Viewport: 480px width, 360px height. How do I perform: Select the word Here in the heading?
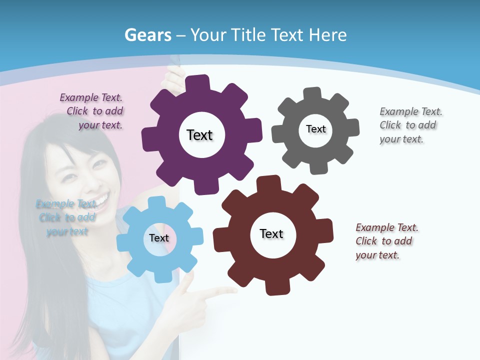[327, 35]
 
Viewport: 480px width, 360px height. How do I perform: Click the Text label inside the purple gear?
[199, 135]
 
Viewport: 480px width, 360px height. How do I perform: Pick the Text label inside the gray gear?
[315, 129]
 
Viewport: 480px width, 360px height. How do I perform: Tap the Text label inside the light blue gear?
[159, 238]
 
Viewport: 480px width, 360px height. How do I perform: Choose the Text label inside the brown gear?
[271, 233]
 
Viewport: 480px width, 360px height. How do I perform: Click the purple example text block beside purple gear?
[92, 111]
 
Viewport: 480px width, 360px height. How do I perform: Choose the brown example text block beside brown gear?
[386, 241]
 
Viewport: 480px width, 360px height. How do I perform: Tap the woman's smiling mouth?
[100, 200]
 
